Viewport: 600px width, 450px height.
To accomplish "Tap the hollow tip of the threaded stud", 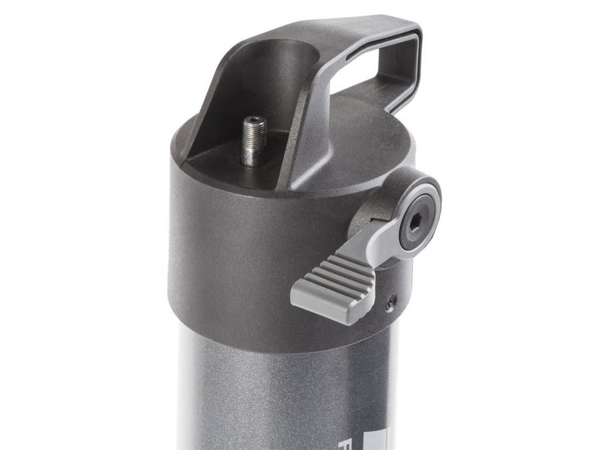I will coord(254,121).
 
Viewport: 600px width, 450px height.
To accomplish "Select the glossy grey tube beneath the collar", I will coord(267,393).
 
